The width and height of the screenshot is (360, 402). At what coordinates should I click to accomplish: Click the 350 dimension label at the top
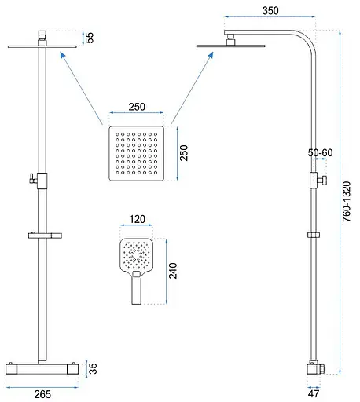(x=270, y=11)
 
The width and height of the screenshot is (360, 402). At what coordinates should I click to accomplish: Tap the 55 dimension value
(x=90, y=38)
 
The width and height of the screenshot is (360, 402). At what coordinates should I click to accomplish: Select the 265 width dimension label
(x=42, y=394)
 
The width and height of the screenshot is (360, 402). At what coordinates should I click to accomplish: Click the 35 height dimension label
(x=93, y=368)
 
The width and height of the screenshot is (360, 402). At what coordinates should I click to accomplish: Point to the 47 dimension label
(x=314, y=393)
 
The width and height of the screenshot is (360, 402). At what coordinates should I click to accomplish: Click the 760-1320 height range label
(x=347, y=202)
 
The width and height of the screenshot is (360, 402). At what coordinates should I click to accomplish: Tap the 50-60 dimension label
(x=320, y=152)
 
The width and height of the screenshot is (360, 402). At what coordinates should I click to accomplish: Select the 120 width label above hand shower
(x=137, y=219)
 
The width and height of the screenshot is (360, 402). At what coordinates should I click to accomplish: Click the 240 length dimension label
(x=173, y=271)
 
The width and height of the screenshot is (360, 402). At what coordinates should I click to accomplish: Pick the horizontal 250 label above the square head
(x=137, y=107)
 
